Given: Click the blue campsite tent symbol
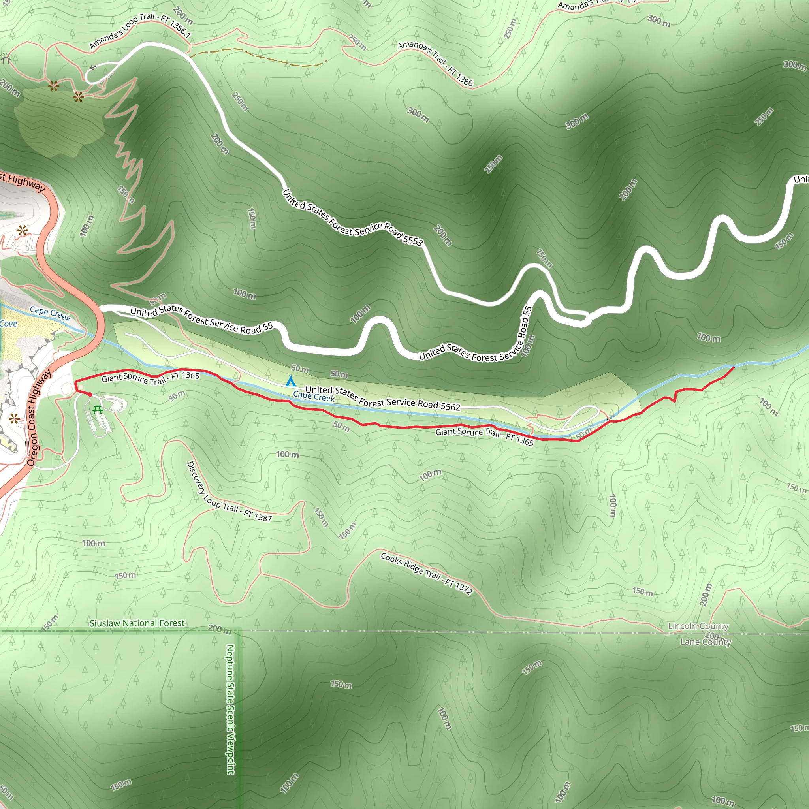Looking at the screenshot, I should click(x=290, y=381).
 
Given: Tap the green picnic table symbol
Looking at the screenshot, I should click(x=98, y=409).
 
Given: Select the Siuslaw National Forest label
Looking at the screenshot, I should click(x=137, y=623).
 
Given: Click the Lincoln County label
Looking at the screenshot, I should click(x=698, y=626).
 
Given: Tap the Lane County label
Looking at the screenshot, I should click(x=706, y=642).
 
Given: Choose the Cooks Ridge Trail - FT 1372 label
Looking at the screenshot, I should click(x=426, y=574).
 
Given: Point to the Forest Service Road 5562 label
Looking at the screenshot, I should click(x=383, y=398).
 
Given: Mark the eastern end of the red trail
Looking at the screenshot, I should click(x=733, y=368).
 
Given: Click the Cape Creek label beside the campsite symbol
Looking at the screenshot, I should click(x=314, y=396).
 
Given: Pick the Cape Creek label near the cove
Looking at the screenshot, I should click(x=50, y=313).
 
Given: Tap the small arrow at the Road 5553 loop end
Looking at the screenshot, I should click(x=93, y=67).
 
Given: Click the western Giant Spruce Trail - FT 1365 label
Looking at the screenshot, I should click(x=151, y=378).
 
